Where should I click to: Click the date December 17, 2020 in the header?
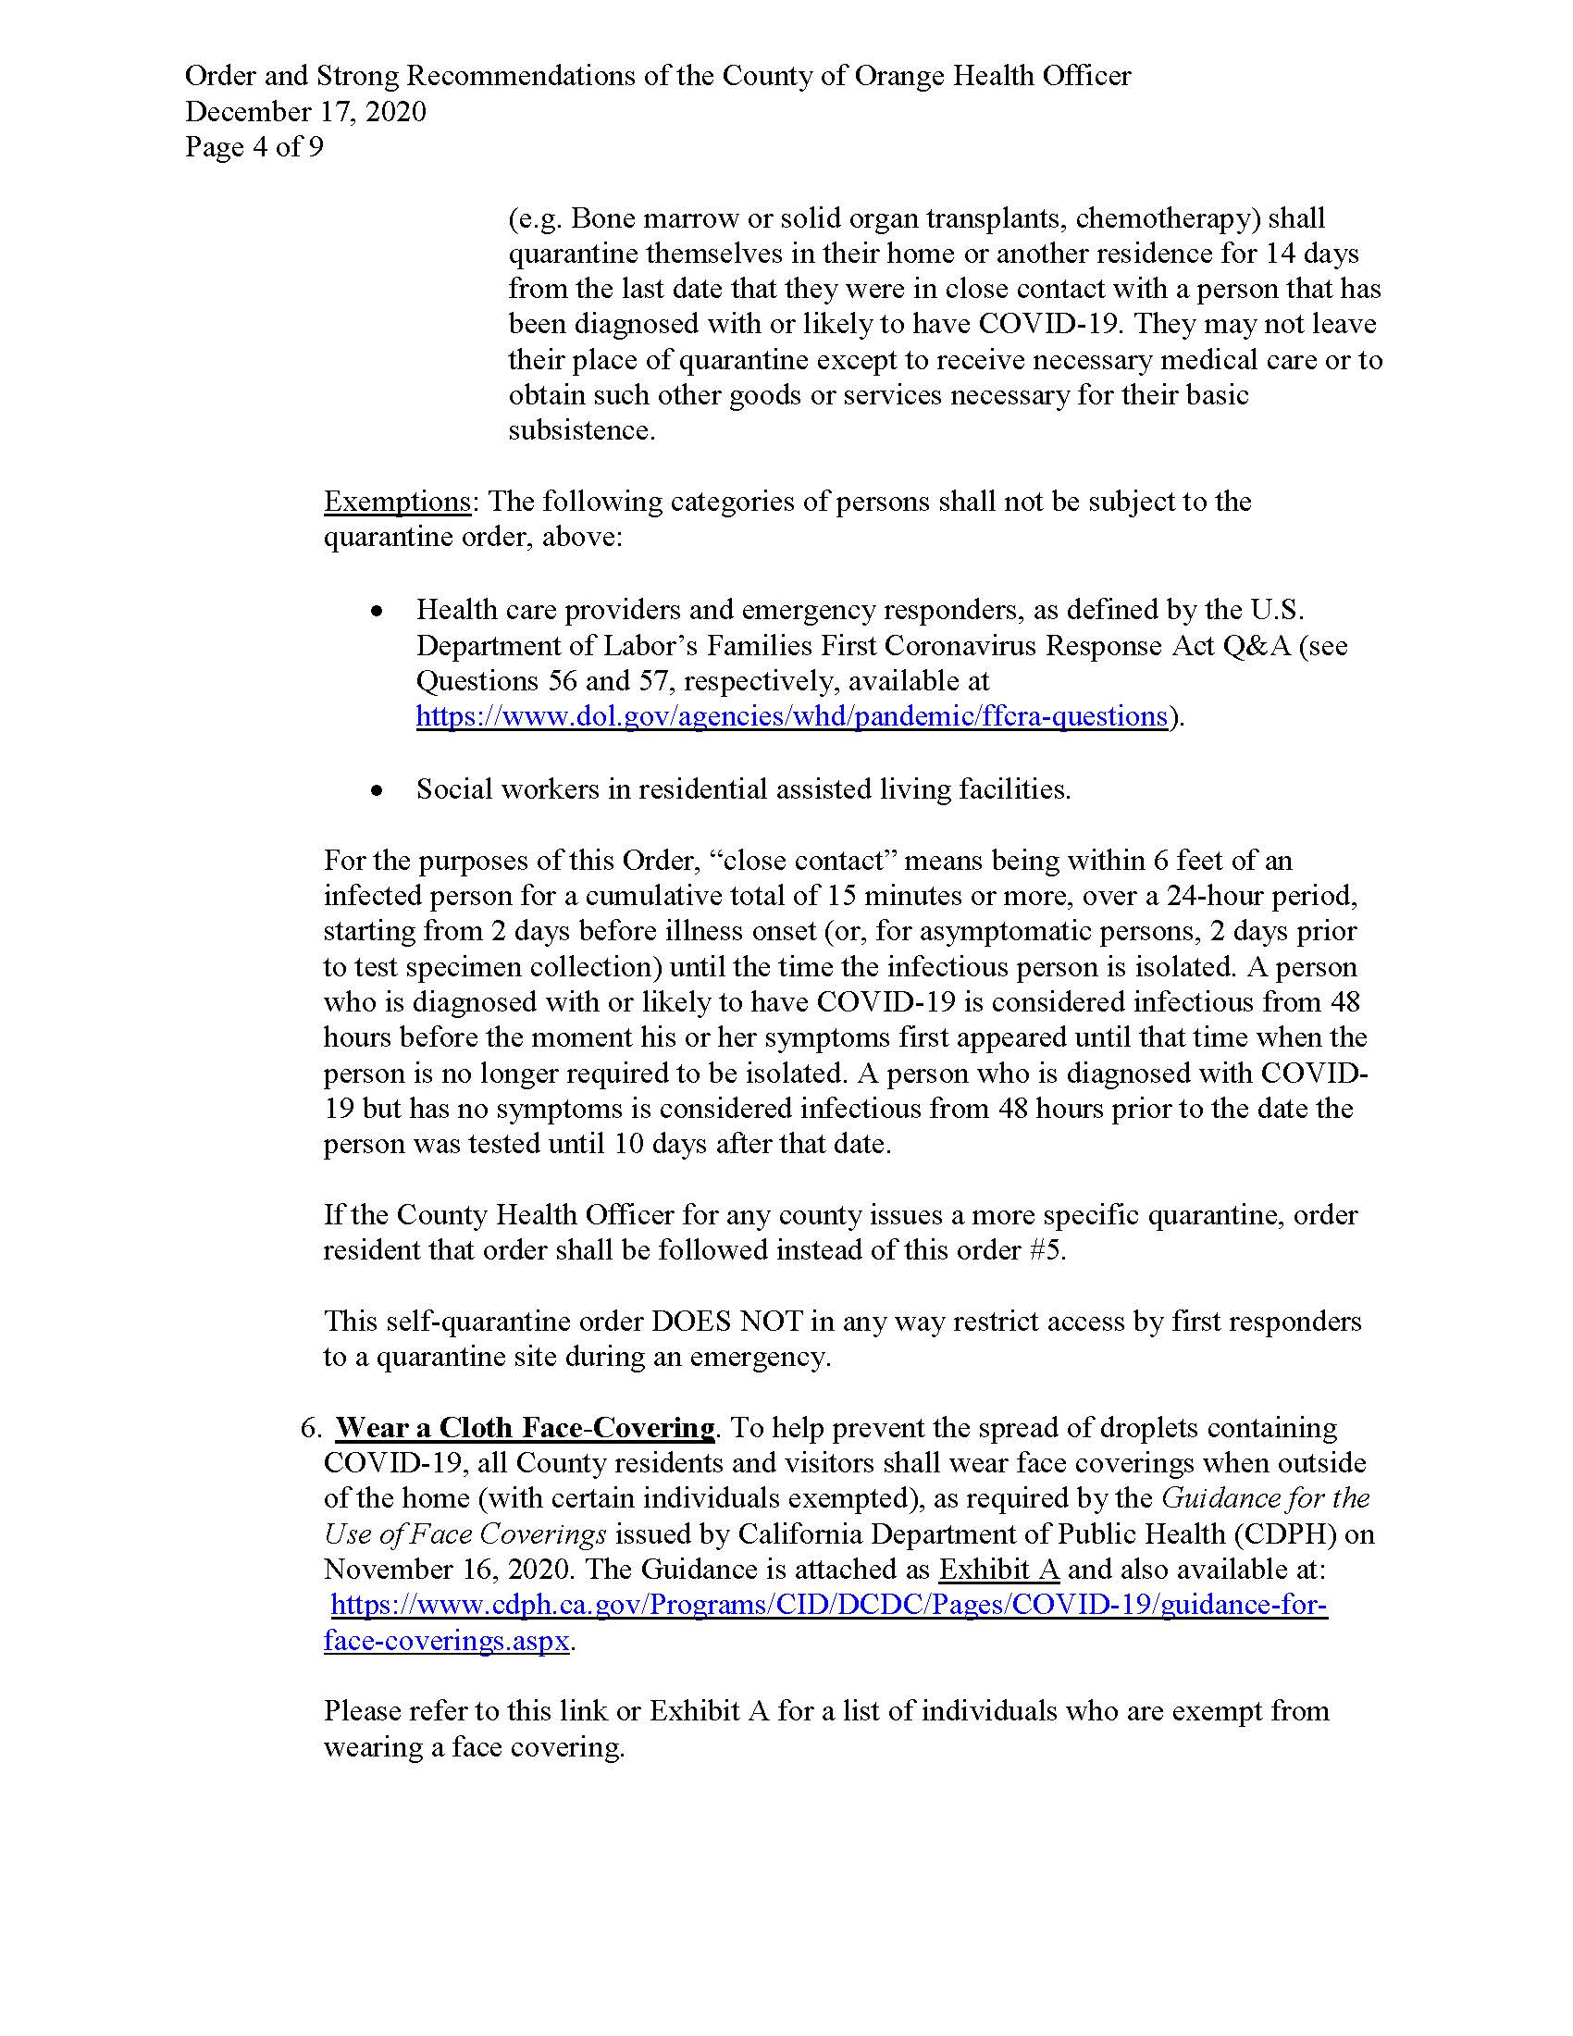point(305,112)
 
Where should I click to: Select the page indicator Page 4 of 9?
point(254,147)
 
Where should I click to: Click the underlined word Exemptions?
point(397,502)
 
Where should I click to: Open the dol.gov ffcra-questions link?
point(791,716)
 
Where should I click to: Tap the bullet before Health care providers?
point(377,612)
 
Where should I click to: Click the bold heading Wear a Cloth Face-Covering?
point(525,1428)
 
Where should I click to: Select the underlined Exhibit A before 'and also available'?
point(999,1570)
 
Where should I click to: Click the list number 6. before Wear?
point(311,1428)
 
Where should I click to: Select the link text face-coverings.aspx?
point(446,1641)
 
